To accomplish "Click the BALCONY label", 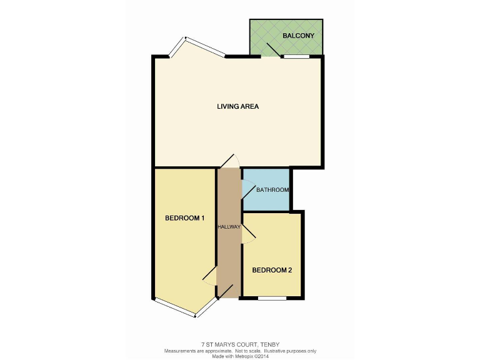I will pos(298,36).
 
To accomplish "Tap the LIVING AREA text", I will pos(237,106).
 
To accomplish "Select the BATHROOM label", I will pos(272,190).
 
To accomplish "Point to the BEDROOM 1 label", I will pos(185,218).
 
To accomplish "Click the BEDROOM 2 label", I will pos(272,270).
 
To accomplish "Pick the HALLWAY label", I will pos(229,226).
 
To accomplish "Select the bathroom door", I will pos(247,188).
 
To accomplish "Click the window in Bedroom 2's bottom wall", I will pos(272,298).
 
